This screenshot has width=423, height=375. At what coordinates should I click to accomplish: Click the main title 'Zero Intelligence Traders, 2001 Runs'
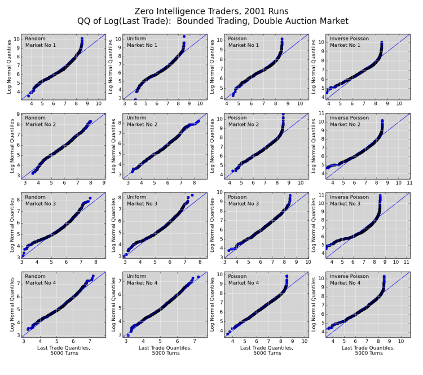211,11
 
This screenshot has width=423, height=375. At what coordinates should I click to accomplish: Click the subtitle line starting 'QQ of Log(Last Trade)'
211,21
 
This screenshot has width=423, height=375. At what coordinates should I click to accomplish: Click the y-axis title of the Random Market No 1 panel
8,67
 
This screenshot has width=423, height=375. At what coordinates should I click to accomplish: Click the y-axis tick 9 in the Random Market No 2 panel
18,114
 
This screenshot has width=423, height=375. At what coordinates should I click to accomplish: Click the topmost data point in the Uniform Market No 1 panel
184,36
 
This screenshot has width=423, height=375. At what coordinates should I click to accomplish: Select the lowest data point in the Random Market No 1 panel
28,96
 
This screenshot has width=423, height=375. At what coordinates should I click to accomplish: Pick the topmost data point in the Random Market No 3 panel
90,198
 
